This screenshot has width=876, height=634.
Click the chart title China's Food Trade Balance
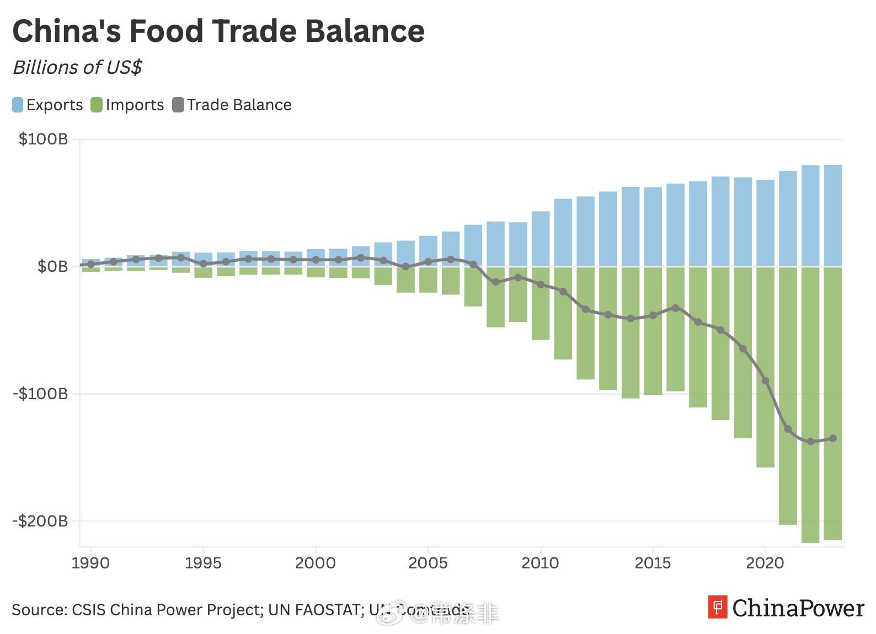(x=218, y=31)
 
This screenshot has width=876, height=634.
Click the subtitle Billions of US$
(x=77, y=67)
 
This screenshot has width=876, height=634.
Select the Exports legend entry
(x=47, y=105)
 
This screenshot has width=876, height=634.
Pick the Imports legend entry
(x=127, y=105)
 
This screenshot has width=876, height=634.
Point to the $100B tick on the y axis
(x=44, y=139)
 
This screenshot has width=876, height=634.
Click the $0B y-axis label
(x=53, y=266)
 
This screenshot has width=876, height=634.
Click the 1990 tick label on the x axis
(x=90, y=563)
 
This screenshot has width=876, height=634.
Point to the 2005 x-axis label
(x=428, y=563)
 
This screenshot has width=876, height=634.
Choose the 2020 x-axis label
(x=765, y=563)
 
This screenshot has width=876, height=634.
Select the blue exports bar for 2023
(x=833, y=215)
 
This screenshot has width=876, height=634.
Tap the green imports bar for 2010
(x=541, y=303)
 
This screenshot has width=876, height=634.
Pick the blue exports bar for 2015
(x=653, y=226)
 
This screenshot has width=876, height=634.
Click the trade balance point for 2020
(x=765, y=381)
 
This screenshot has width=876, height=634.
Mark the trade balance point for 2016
(x=675, y=308)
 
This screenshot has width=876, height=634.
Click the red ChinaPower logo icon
(x=718, y=607)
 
